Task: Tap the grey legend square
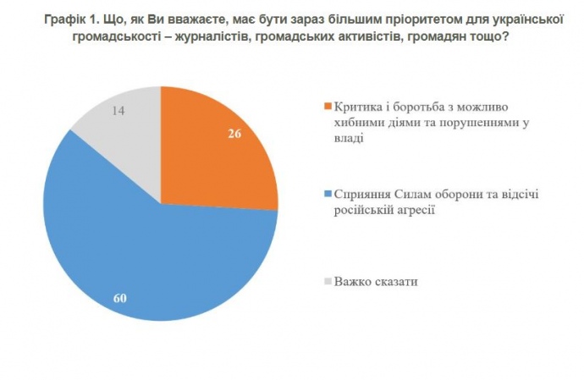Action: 327,281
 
